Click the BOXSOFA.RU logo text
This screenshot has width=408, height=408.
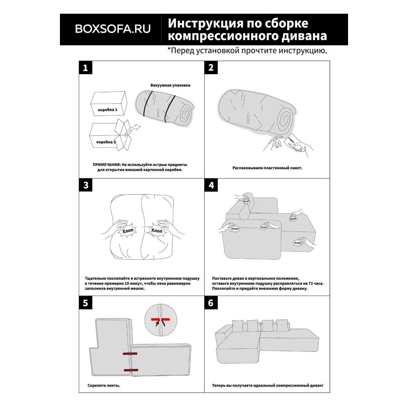click(x=113, y=29)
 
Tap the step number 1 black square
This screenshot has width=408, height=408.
click(x=85, y=67)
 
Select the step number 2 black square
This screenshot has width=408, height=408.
click(x=211, y=67)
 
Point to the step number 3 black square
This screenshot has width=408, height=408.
click(x=85, y=185)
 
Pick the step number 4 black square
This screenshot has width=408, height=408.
click(x=211, y=185)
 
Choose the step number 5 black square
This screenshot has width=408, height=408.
click(x=85, y=303)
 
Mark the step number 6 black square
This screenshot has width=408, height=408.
click(x=211, y=303)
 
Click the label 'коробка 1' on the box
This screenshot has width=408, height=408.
click(x=107, y=110)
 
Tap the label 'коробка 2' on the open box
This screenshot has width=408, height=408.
click(x=106, y=142)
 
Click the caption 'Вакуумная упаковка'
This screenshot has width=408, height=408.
click(x=170, y=85)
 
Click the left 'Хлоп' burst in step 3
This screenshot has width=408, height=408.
click(x=128, y=231)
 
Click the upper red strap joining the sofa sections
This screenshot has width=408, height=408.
click(x=130, y=354)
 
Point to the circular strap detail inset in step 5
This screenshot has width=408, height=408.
click(x=160, y=320)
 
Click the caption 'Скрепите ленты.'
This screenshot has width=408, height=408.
click(x=104, y=385)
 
